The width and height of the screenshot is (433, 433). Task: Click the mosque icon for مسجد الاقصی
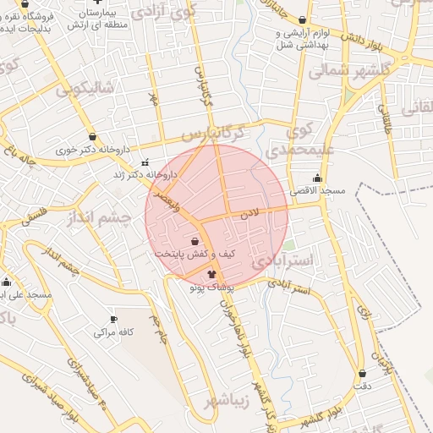tap(318, 178)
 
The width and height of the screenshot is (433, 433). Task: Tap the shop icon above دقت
tap(363, 373)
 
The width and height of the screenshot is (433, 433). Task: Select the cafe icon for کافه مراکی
tap(114, 319)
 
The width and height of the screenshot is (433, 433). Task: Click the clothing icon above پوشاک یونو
tap(211, 274)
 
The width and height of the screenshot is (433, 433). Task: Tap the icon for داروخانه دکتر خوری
tap(92, 136)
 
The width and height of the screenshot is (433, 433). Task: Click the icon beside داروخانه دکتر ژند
tap(145, 162)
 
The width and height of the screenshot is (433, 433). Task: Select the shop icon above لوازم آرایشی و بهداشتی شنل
tap(302, 19)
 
